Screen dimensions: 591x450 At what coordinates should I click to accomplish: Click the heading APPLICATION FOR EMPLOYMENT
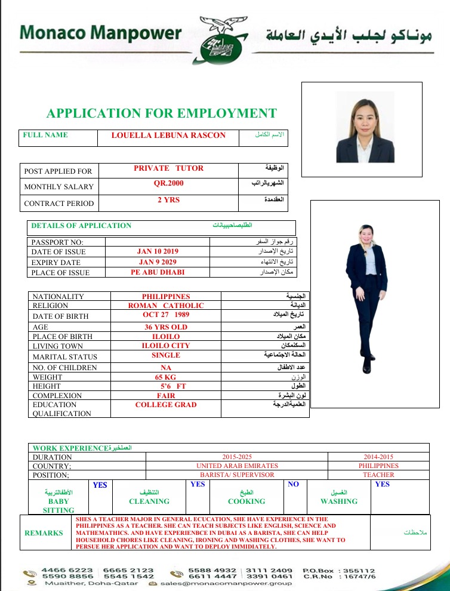tap(162, 113)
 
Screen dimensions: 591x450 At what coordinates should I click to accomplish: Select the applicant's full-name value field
tap(168, 136)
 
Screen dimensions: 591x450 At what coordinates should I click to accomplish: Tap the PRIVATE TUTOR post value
tap(168, 168)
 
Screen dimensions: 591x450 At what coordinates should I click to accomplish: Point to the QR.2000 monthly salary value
tap(168, 183)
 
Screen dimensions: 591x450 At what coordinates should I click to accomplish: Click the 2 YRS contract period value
tap(168, 200)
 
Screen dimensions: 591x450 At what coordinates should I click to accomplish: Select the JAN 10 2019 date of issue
tap(158, 251)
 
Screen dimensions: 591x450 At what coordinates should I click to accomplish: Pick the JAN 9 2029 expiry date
tap(158, 262)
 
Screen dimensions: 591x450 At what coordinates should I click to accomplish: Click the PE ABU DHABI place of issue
tap(158, 272)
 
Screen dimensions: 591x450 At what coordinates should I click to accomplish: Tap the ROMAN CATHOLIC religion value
tap(166, 306)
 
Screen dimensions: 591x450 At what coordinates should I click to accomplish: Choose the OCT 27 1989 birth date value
tap(166, 314)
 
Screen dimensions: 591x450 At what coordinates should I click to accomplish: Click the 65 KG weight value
tap(166, 377)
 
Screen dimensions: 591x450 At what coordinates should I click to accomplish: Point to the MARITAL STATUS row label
tap(65, 357)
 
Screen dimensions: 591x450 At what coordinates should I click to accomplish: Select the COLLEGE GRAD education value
tap(166, 405)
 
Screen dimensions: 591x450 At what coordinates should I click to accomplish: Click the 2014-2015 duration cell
tap(378, 457)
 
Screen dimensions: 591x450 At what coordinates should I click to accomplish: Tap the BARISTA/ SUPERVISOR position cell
tap(237, 475)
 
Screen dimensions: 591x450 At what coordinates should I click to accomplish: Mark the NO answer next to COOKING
tap(293, 484)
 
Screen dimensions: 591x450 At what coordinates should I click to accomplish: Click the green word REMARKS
tap(44, 533)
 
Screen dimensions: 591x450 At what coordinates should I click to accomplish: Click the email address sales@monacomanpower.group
tap(226, 583)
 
